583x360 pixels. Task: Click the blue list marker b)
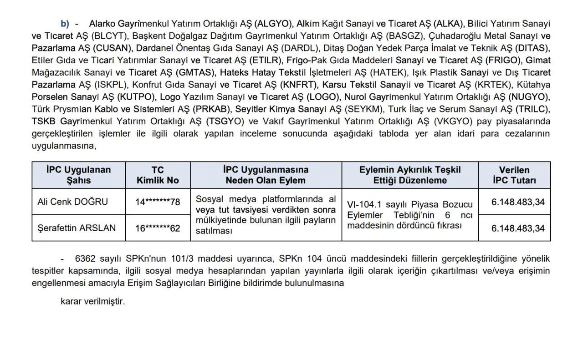click(65, 23)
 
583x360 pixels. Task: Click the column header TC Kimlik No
click(158, 175)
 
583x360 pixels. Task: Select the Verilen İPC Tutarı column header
click(514, 175)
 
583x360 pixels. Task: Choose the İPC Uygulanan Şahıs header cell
click(78, 175)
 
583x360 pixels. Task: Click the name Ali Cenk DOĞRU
click(73, 201)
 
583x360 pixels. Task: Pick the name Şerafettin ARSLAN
click(77, 228)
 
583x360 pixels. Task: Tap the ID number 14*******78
click(158, 202)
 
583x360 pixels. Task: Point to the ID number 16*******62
click(158, 228)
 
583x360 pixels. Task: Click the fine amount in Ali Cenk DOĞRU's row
click(518, 202)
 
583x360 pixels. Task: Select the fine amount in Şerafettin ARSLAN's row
click(518, 228)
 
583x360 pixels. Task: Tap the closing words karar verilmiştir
click(92, 301)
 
